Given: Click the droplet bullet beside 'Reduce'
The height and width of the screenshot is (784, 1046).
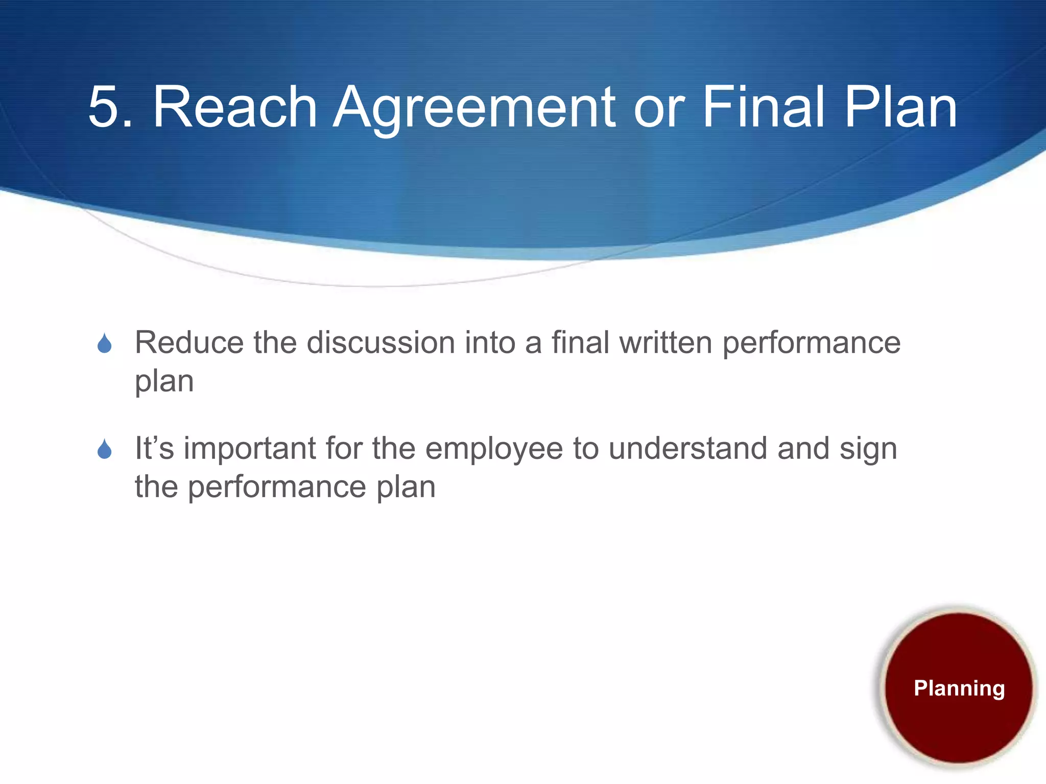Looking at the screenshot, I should click(x=105, y=344).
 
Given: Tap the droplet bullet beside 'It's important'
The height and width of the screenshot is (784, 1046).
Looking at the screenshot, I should click(x=105, y=449).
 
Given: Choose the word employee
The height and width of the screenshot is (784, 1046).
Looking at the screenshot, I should click(x=494, y=449).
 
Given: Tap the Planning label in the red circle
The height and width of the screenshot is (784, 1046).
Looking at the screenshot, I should click(x=959, y=688).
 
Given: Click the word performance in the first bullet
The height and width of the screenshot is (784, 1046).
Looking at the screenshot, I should click(x=811, y=343).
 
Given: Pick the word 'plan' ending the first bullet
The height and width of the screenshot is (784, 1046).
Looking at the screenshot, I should click(x=164, y=382).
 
